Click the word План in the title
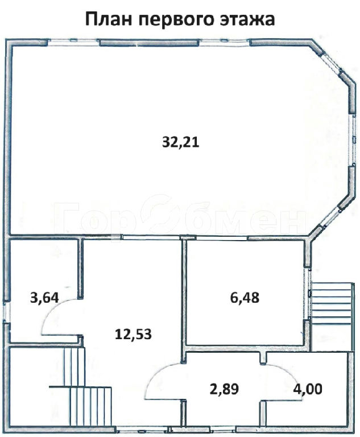click(109, 19)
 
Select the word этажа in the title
click(247, 20)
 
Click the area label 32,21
click(180, 142)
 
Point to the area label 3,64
click(44, 298)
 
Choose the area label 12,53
click(133, 334)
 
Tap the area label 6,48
click(245, 298)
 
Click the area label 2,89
click(224, 389)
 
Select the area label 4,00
click(308, 389)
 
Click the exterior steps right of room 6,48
click(331, 303)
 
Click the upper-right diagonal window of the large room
click(332, 63)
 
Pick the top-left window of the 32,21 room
click(73, 42)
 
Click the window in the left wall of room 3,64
click(6, 312)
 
